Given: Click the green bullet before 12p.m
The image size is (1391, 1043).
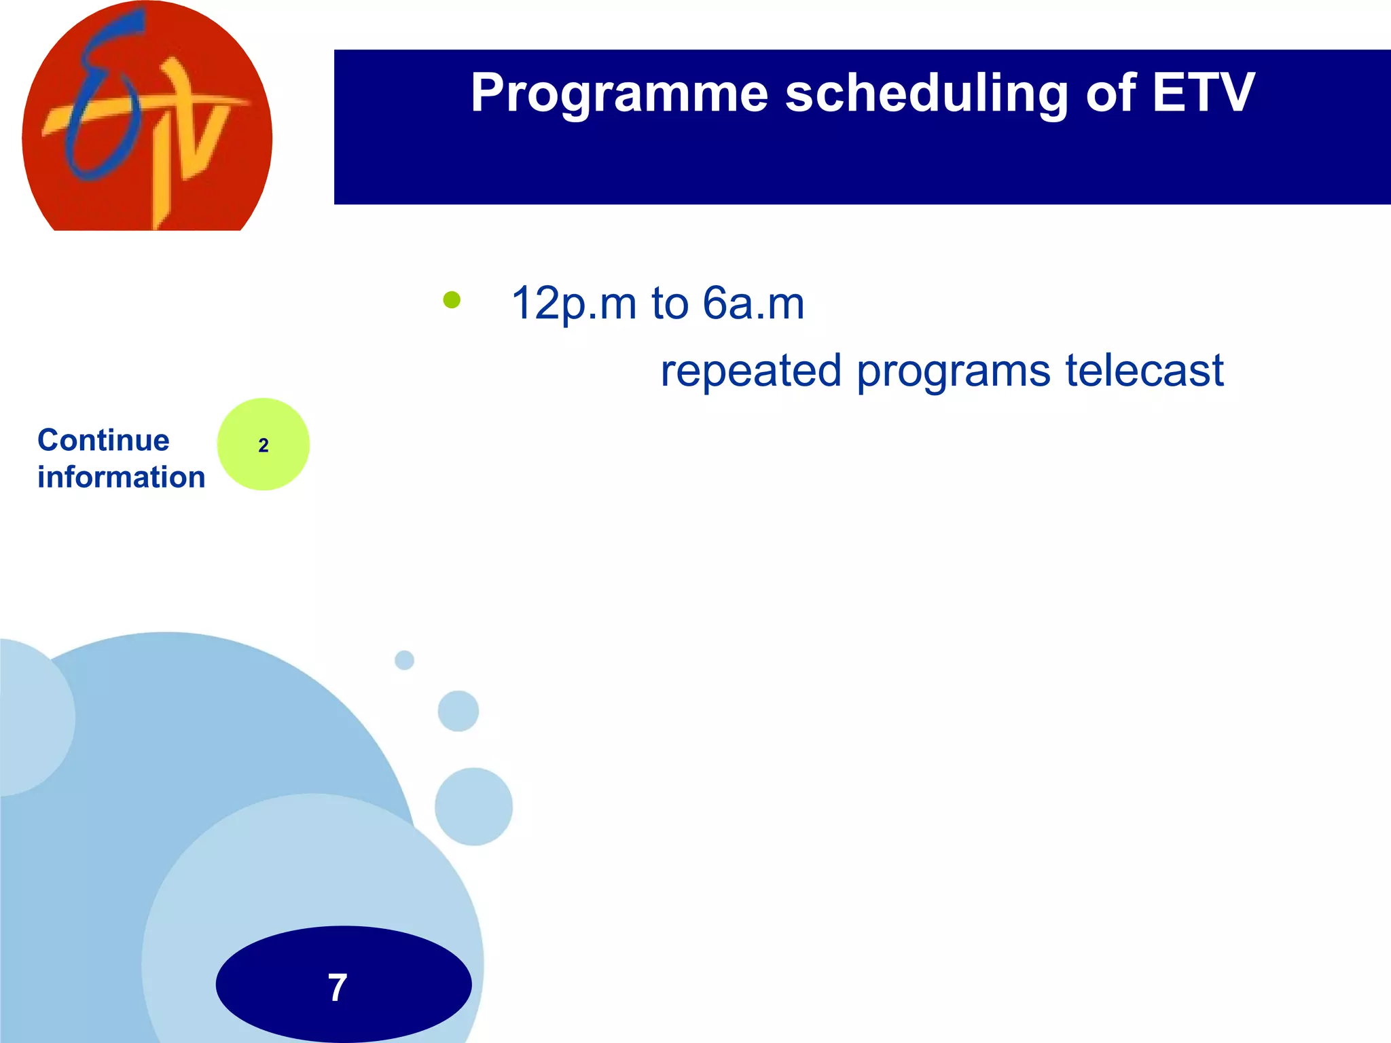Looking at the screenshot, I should tap(452, 300).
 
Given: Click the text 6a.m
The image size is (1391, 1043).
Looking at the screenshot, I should tap(753, 304).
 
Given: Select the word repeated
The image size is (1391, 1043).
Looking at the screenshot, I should tap(751, 371).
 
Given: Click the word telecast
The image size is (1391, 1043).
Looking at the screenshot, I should tap(1144, 371).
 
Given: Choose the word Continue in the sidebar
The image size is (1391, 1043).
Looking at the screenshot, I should tap(103, 440).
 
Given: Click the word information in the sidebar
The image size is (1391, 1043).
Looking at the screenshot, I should tap(121, 477).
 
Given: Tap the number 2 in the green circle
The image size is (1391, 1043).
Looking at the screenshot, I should tap(264, 445).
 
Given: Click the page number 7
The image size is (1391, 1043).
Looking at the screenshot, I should tap(338, 987).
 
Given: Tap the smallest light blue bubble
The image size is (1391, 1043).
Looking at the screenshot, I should tap(404, 660).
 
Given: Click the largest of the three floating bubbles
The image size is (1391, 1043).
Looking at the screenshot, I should tap(473, 807).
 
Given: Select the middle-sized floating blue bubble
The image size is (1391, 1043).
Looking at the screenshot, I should tap(458, 711).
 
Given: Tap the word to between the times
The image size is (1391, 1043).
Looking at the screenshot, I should tap(670, 304).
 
